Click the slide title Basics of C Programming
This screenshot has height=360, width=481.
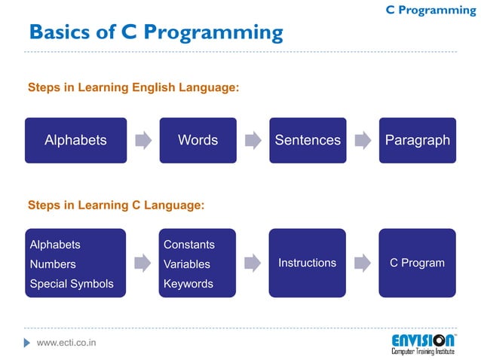tap(155, 32)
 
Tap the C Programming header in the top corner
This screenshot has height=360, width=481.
tap(430, 10)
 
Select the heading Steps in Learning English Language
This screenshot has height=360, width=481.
tap(133, 88)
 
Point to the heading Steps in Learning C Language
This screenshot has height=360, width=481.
tap(116, 204)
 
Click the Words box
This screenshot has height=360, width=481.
tap(198, 140)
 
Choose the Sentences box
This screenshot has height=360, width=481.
tap(308, 140)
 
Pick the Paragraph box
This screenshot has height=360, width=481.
tap(417, 140)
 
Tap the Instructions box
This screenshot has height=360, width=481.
tap(308, 263)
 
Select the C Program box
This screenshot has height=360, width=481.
tap(417, 263)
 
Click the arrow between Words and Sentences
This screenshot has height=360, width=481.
tap(253, 140)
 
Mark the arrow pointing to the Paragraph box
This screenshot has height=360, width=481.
tap(363, 140)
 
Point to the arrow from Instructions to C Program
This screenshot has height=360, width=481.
tap(363, 263)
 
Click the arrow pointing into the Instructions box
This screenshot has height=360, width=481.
tap(253, 263)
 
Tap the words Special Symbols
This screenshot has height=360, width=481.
tap(72, 284)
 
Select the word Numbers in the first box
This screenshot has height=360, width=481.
tap(53, 264)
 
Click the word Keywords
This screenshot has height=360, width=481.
tap(188, 284)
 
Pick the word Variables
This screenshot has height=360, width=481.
tap(187, 264)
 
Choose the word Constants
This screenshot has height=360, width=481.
tap(189, 245)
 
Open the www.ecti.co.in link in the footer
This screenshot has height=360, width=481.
tap(66, 343)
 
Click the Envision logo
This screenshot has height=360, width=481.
tap(423, 343)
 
